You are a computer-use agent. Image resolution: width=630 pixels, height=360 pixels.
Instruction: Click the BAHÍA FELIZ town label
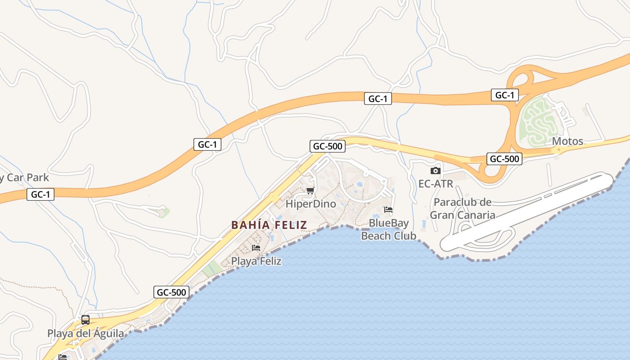(x=269, y=225)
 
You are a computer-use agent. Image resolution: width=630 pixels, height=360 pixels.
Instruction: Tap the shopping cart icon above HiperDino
(x=310, y=191)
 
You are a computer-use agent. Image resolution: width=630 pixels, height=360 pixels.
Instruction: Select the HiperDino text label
(x=311, y=204)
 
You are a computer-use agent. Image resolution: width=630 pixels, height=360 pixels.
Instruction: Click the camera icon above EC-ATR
(x=435, y=171)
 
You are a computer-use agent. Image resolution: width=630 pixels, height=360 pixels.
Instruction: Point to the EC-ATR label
(x=436, y=184)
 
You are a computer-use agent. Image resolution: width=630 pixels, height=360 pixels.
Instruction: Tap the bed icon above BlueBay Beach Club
(x=388, y=210)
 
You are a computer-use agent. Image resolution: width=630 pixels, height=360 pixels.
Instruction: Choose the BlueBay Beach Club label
(x=389, y=229)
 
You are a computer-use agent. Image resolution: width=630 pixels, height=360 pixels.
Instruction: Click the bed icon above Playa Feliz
(x=256, y=247)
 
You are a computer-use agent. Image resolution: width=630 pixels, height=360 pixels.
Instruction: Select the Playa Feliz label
(x=256, y=261)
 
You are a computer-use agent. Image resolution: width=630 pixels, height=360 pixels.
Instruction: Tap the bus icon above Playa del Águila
(x=85, y=320)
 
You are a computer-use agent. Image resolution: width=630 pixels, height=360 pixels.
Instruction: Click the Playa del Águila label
(x=85, y=333)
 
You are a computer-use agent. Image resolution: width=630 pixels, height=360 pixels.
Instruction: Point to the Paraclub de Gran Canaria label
(x=462, y=208)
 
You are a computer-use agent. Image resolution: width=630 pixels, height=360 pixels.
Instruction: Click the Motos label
(x=567, y=141)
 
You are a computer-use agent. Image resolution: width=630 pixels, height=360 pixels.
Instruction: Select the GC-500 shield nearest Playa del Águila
(x=171, y=292)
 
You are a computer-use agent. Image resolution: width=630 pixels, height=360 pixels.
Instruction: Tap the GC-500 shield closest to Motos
(x=504, y=159)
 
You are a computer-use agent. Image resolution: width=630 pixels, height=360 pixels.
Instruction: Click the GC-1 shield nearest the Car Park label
(x=40, y=194)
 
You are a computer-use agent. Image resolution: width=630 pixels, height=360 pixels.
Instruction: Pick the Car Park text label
(x=24, y=178)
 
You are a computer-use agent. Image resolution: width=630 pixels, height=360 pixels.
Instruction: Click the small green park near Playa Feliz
(x=212, y=270)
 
